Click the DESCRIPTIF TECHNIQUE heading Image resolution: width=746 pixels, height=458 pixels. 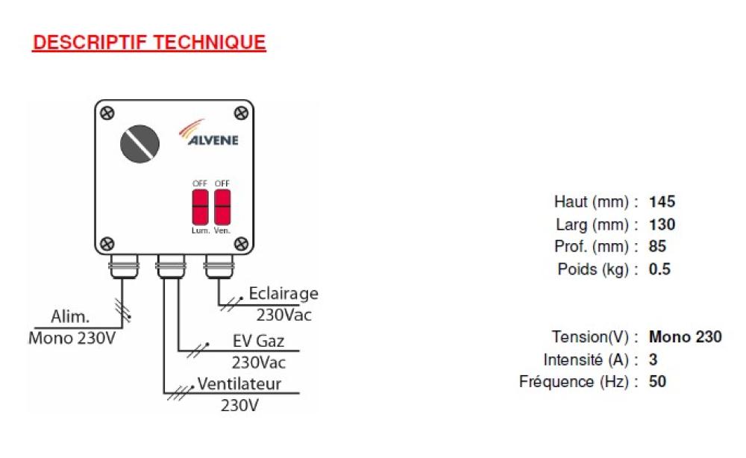point(149,43)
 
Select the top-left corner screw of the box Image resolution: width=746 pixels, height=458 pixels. point(108,113)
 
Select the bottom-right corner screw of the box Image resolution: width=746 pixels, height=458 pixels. point(240,242)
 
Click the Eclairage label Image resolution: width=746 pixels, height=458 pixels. point(283,293)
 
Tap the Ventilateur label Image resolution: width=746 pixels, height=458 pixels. point(239,385)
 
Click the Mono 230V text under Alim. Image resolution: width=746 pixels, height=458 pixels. point(72,336)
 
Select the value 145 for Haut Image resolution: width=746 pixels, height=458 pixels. point(662,201)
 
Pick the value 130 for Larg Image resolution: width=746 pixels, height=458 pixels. point(662,225)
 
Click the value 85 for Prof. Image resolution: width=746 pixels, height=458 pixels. point(657,247)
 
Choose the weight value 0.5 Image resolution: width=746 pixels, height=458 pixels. point(659,269)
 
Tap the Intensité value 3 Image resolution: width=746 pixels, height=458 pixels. point(653,360)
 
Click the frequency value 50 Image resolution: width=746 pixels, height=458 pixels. point(657,382)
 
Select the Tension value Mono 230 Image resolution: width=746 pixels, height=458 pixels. point(685,337)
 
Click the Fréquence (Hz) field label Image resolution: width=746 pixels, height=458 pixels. point(578,382)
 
